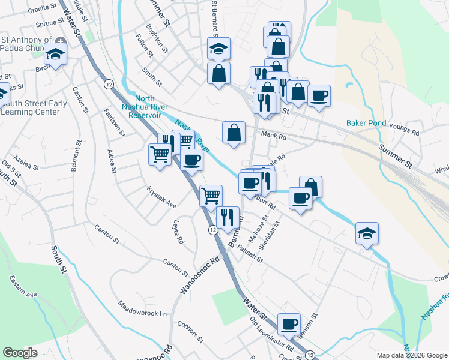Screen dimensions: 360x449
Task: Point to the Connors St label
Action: [x=191, y=332]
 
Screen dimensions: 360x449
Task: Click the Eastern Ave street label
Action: [x=23, y=286]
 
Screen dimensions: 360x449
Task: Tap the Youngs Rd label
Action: [x=404, y=128]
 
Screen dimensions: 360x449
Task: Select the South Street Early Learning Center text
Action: [x=34, y=107]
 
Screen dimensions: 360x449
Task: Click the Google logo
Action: [x=20, y=353]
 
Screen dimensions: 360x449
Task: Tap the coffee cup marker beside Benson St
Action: [x=289, y=323]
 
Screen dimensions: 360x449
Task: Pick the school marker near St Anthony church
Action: [x=56, y=55]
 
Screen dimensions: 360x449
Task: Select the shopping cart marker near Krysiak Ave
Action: [x=211, y=195]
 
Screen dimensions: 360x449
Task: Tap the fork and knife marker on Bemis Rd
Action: [x=228, y=217]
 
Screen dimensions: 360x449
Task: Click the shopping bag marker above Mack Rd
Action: [x=234, y=133]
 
